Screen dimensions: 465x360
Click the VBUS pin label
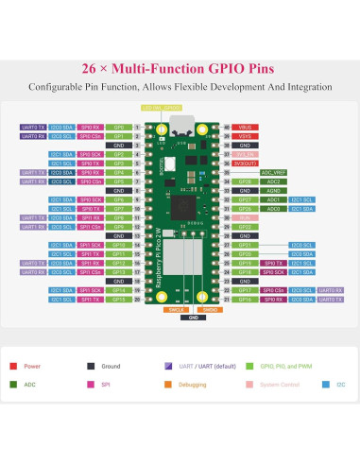pyautogui.click(x=245, y=126)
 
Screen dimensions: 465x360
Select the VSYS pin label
pyautogui.click(x=245, y=135)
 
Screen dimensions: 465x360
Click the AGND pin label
pyautogui.click(x=245, y=191)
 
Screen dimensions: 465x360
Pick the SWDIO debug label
pyautogui.click(x=211, y=309)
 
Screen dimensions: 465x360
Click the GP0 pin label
pyautogui.click(x=118, y=126)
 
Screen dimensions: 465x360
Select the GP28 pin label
pyautogui.click(x=245, y=181)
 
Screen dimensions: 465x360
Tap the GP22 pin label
pyautogui.click(x=245, y=228)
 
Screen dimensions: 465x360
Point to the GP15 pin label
pyautogui.click(x=118, y=300)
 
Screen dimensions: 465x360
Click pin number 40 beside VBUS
pyautogui.click(x=226, y=126)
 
